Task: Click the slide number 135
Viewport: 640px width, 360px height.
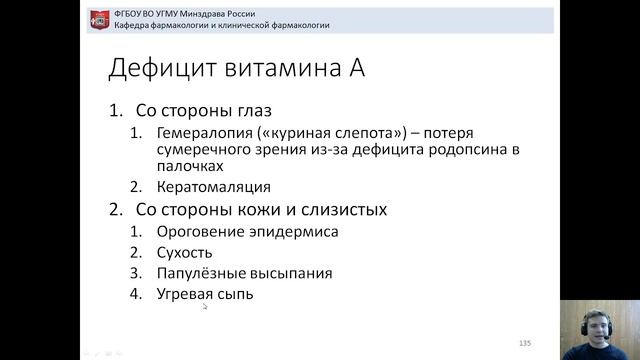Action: point(525,343)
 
